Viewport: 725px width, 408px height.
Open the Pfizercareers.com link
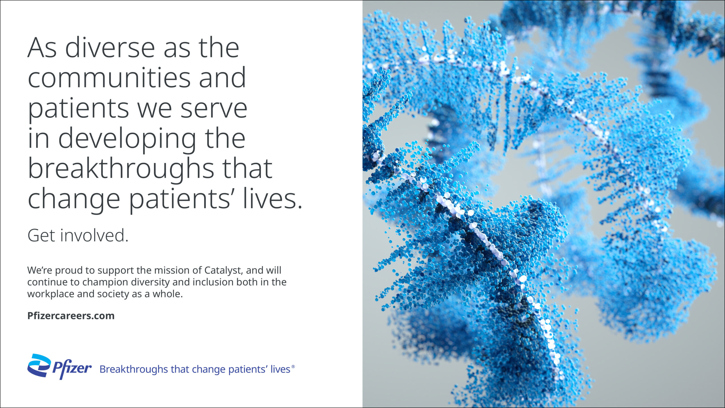pyautogui.click(x=71, y=316)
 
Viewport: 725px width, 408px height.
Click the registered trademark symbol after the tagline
pyautogui.click(x=293, y=366)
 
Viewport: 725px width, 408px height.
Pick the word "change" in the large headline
pyautogui.click(x=74, y=200)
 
